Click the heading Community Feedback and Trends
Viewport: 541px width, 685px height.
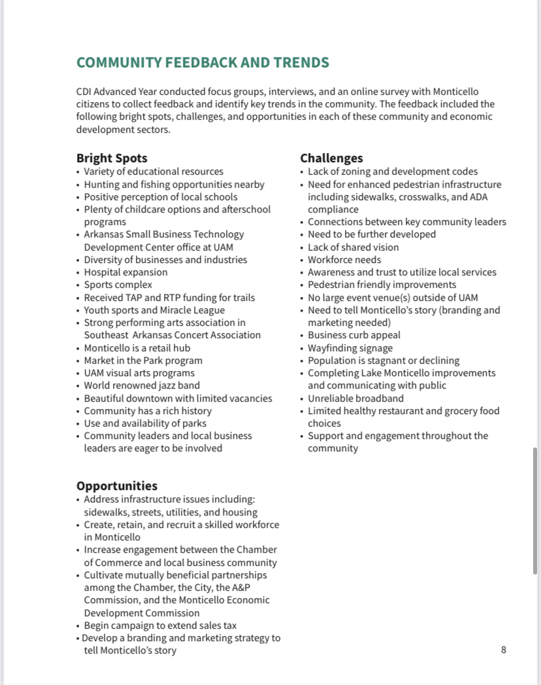tap(203, 63)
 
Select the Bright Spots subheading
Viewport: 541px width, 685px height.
tap(112, 158)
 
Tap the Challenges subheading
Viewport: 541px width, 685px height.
tap(331, 158)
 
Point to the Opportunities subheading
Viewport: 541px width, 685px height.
tap(117, 486)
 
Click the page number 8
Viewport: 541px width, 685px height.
tap(504, 650)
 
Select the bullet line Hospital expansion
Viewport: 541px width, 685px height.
tap(125, 272)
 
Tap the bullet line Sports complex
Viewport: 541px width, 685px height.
tap(118, 285)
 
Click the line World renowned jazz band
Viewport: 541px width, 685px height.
tap(142, 385)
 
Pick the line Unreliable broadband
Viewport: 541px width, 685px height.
tap(355, 398)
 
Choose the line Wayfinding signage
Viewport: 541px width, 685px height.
tap(350, 348)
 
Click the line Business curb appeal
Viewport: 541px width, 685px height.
tap(354, 335)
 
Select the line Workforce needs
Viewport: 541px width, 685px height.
tap(344, 260)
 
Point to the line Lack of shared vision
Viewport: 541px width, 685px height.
tap(353, 247)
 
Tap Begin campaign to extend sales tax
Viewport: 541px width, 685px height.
tap(160, 625)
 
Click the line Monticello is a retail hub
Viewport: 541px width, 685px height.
tap(137, 347)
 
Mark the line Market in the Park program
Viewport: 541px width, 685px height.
tap(143, 360)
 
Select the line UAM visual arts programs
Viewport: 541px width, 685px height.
tap(139, 373)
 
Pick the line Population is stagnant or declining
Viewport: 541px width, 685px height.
tap(384, 360)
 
